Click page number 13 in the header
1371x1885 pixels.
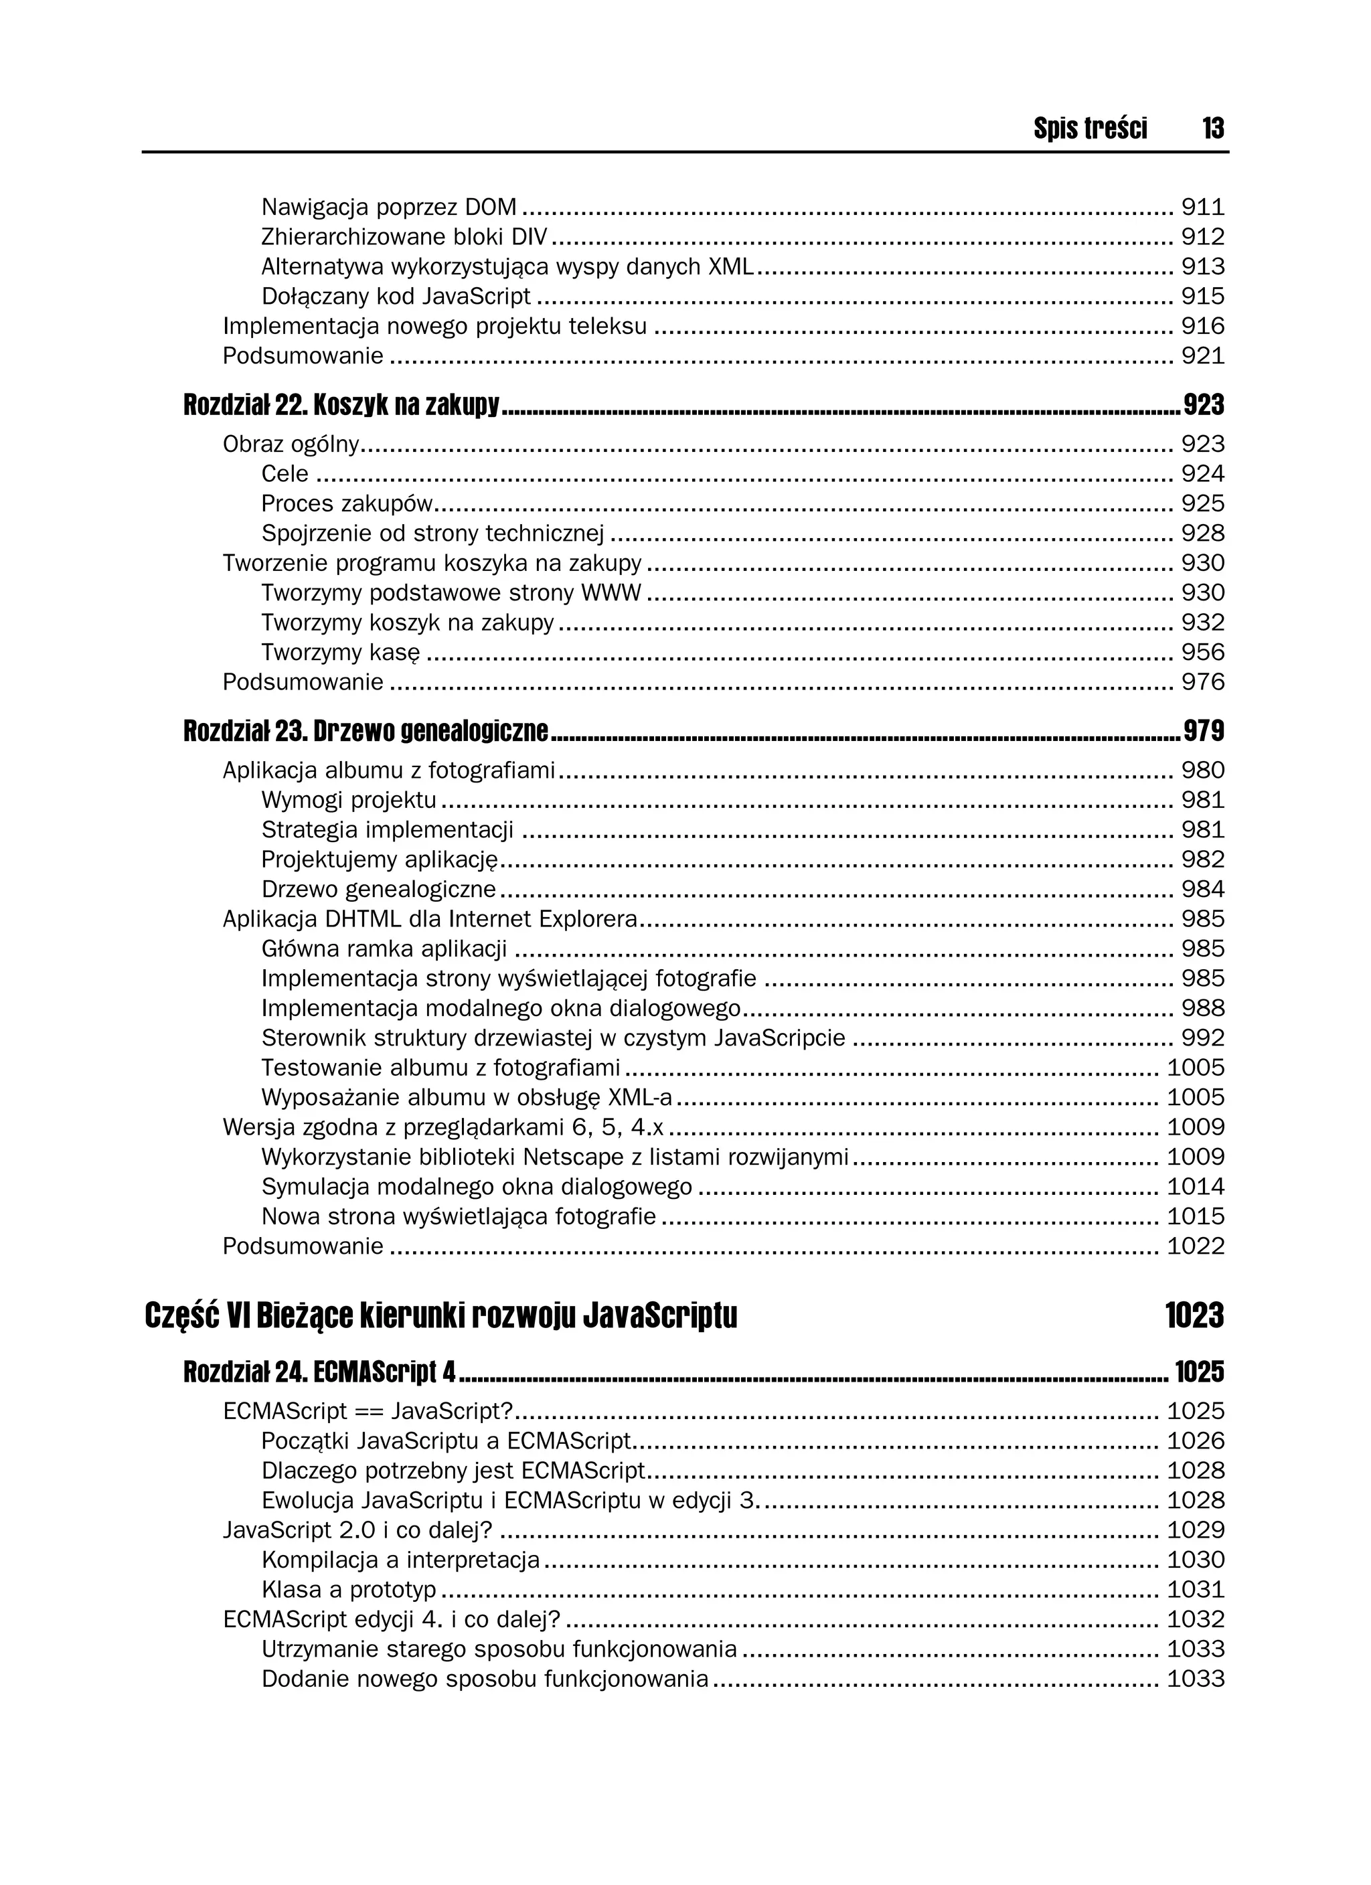coord(1212,128)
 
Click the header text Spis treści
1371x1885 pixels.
coord(1090,128)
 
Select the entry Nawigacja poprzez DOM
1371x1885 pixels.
coord(388,207)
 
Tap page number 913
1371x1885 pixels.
coord(1202,267)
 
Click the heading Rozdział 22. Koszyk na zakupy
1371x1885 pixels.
coord(341,406)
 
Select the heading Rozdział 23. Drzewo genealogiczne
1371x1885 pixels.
coord(365,732)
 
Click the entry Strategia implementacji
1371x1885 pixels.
coord(387,830)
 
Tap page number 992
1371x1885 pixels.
coord(1202,1038)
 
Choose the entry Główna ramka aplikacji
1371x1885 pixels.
coord(384,949)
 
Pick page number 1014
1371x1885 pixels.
coord(1196,1187)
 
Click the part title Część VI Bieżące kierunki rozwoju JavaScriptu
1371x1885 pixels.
coord(440,1315)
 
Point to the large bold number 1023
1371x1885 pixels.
coord(1194,1315)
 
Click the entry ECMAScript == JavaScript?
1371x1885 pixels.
coord(368,1411)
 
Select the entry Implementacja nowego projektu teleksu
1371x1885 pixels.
coord(434,327)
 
